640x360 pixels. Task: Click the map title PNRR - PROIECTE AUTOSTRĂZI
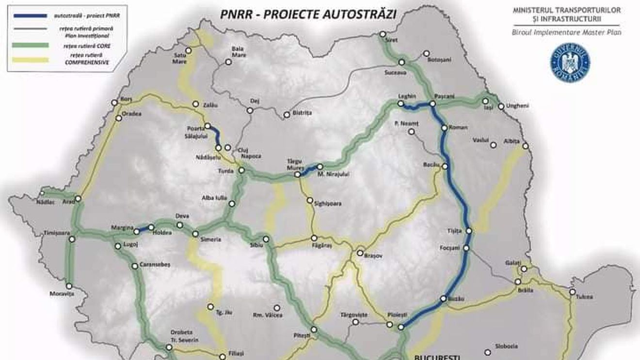[308, 14]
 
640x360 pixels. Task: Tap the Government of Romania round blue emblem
[570, 62]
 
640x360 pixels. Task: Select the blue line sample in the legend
[30, 16]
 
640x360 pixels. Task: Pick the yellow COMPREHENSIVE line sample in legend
[30, 60]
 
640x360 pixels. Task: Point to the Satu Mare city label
[180, 59]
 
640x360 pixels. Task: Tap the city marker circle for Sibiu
[266, 239]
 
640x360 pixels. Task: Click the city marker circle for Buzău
[443, 299]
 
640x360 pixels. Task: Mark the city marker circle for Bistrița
[287, 115]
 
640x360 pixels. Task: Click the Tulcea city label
[584, 297]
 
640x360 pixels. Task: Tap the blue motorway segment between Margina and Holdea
[144, 229]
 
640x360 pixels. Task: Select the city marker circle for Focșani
[466, 248]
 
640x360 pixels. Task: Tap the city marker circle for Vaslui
[493, 145]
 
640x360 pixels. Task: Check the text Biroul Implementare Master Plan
[566, 32]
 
